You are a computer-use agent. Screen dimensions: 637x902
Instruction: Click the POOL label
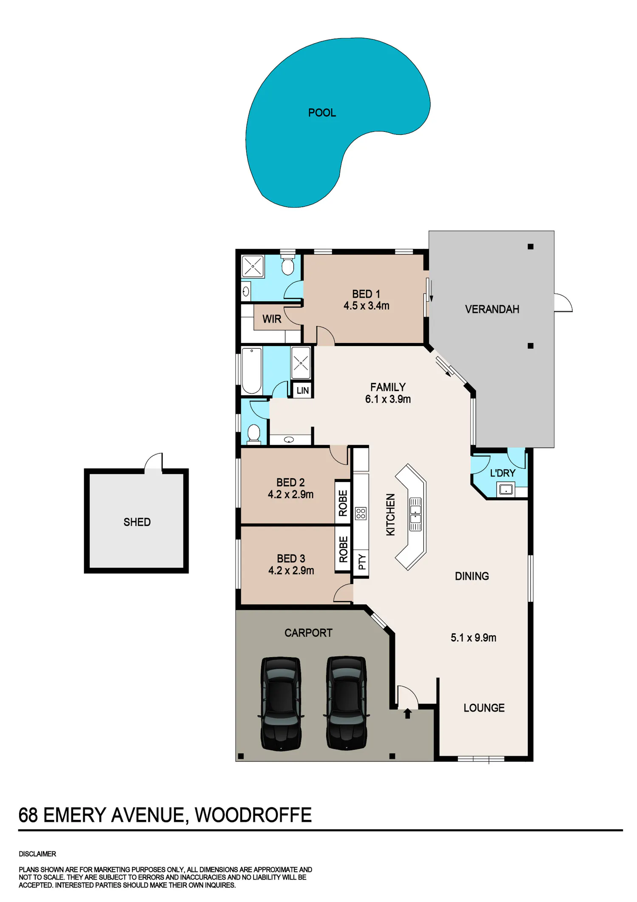(322, 113)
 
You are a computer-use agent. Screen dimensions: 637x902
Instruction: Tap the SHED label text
(137, 522)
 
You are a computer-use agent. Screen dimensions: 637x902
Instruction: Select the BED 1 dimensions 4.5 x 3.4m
(366, 306)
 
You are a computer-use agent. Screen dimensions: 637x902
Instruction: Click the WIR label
(272, 319)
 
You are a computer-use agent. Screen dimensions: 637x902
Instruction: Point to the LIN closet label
(303, 391)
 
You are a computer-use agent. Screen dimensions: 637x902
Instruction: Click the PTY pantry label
(362, 562)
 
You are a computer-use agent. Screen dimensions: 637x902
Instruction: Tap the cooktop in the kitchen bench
(361, 513)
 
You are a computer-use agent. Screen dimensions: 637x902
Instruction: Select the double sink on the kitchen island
(415, 514)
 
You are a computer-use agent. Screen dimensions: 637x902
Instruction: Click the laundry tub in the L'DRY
(506, 489)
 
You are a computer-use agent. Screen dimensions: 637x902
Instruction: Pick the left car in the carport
(281, 703)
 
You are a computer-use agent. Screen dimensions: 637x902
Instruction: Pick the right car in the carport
(346, 703)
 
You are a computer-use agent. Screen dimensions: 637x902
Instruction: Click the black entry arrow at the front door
(408, 713)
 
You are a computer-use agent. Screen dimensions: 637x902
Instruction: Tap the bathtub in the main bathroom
(251, 371)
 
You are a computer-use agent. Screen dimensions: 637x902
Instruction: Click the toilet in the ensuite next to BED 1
(288, 265)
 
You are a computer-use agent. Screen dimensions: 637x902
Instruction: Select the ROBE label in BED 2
(343, 503)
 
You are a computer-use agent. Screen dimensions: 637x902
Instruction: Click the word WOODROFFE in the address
(253, 815)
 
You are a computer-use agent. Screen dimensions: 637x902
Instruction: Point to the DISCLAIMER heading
(37, 854)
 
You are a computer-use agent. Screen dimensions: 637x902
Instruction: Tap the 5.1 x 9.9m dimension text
(474, 638)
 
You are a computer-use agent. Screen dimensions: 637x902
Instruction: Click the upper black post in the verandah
(530, 247)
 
